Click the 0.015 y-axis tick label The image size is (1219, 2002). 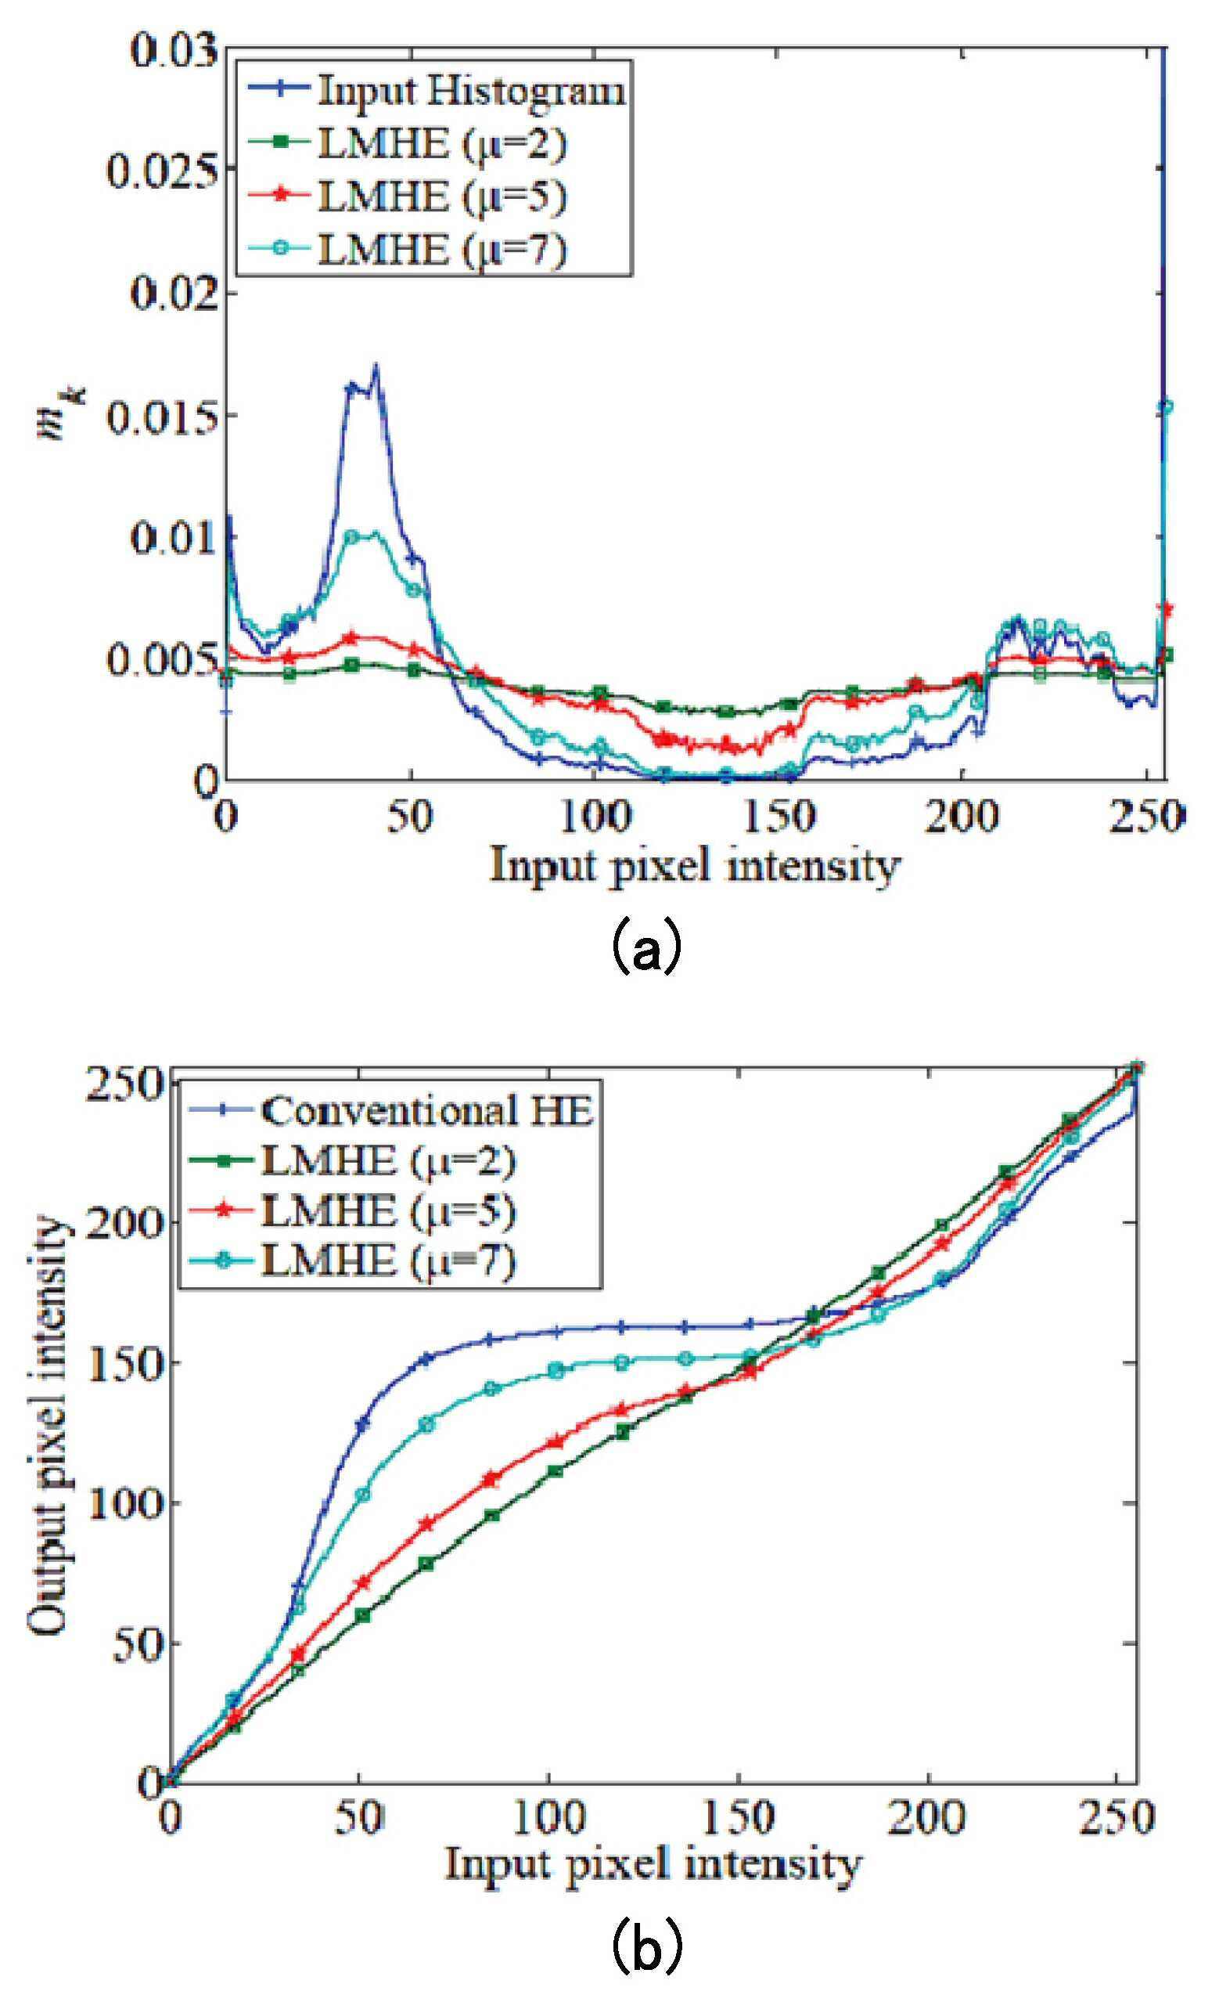point(163,416)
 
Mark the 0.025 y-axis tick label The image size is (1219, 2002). point(163,171)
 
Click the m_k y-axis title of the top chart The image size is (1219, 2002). point(59,414)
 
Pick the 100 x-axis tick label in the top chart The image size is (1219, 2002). point(595,817)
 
